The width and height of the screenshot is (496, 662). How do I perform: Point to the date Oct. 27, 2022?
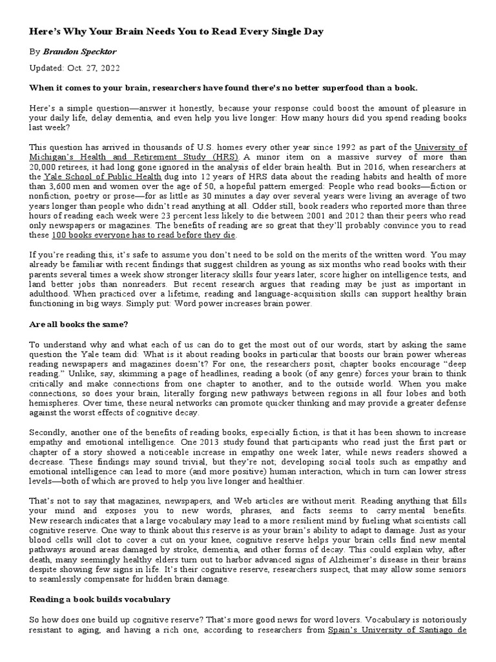92,68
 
